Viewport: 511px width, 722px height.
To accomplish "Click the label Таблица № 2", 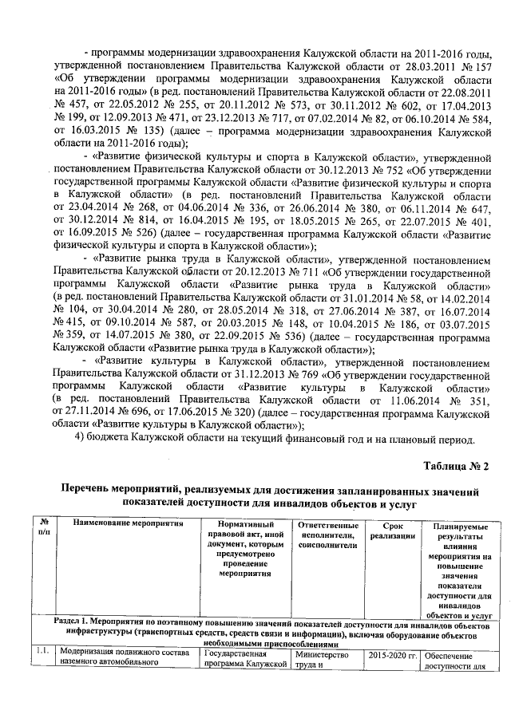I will (x=451, y=466).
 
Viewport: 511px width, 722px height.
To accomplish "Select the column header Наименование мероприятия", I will (x=129, y=523).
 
